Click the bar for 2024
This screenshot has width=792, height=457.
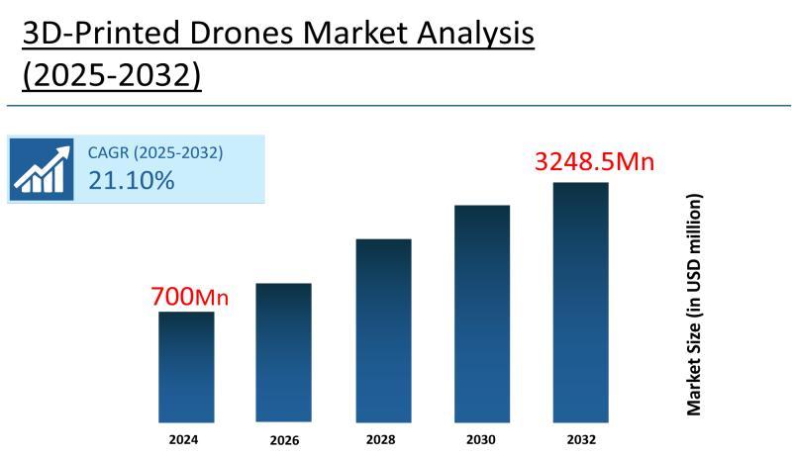(186, 367)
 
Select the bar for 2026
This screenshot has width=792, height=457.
(283, 353)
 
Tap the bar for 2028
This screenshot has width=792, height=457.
(383, 330)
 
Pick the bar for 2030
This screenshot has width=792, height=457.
(482, 314)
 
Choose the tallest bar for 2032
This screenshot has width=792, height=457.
(580, 303)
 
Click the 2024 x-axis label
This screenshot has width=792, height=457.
(183, 439)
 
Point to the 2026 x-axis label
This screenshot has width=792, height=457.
(284, 440)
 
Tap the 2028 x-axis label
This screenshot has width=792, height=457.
(383, 439)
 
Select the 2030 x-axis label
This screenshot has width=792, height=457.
(482, 439)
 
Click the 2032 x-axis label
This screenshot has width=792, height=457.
(581, 439)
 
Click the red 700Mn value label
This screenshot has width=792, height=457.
(189, 296)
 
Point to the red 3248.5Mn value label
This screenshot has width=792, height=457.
(594, 161)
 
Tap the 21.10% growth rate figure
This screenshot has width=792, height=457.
(131, 180)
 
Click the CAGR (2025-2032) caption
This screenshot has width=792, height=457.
(155, 152)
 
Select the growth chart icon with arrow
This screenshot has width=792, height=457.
(43, 168)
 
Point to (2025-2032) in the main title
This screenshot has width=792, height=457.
(112, 75)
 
